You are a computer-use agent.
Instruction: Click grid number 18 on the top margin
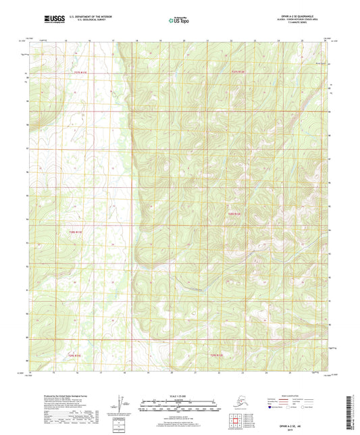pos(137,41)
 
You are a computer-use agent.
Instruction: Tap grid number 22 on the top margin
pos(231,41)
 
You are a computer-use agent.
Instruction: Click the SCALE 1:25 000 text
pos(178,394)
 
